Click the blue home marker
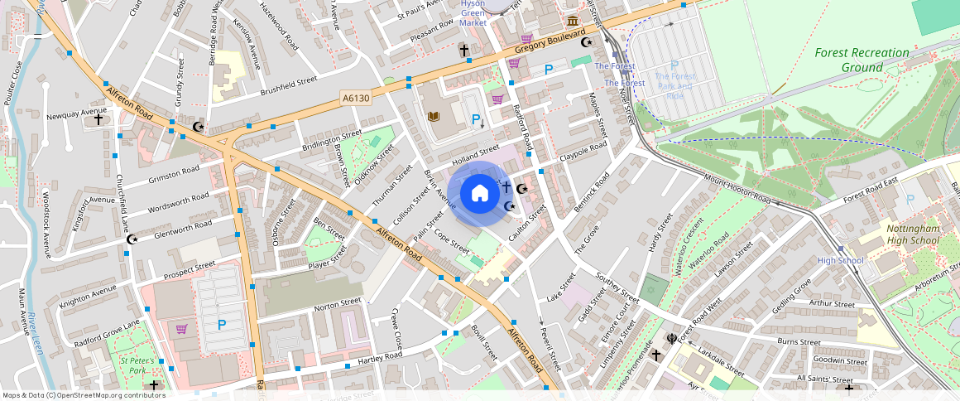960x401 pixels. (479, 194)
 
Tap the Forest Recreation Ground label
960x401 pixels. (861, 60)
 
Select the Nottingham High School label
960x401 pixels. (913, 234)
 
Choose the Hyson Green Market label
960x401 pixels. (473, 14)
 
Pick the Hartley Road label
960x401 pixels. (380, 358)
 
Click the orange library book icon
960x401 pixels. (433, 117)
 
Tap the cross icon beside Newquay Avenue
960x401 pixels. (98, 119)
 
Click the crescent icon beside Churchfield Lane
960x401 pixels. (131, 239)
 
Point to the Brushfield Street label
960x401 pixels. (289, 85)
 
